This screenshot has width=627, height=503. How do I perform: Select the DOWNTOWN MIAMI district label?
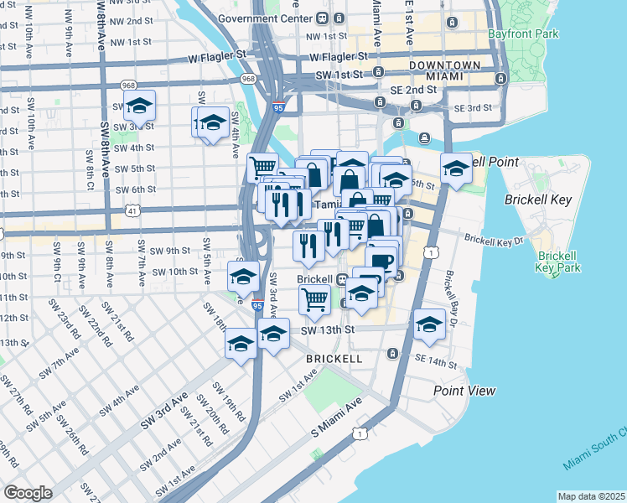click(444, 70)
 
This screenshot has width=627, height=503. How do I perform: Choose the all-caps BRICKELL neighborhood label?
click(334, 358)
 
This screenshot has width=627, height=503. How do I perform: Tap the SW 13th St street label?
click(329, 330)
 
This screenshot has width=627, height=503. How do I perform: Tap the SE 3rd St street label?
click(474, 108)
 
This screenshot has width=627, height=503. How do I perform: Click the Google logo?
click(28, 492)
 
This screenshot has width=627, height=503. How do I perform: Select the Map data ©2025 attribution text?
click(591, 496)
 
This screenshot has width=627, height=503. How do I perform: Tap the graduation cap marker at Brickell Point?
click(456, 169)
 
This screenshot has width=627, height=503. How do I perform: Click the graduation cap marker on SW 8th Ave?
click(139, 106)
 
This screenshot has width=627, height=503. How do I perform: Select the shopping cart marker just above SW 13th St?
click(315, 298)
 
